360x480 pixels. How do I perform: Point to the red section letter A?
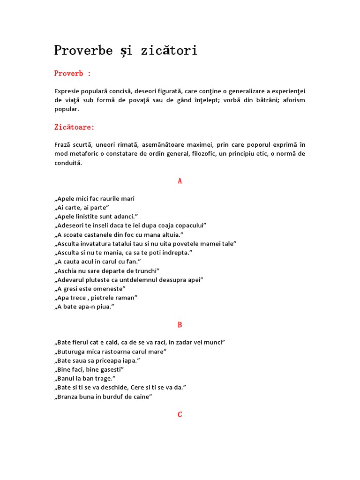tap(180, 181)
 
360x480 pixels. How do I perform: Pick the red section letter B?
tap(180, 325)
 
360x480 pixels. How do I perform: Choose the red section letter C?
tap(180, 415)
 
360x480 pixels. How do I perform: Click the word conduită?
tap(68, 163)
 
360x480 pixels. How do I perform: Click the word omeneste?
tap(109, 289)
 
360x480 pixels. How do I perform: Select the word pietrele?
tap(108, 298)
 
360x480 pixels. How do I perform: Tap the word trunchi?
tap(146, 270)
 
